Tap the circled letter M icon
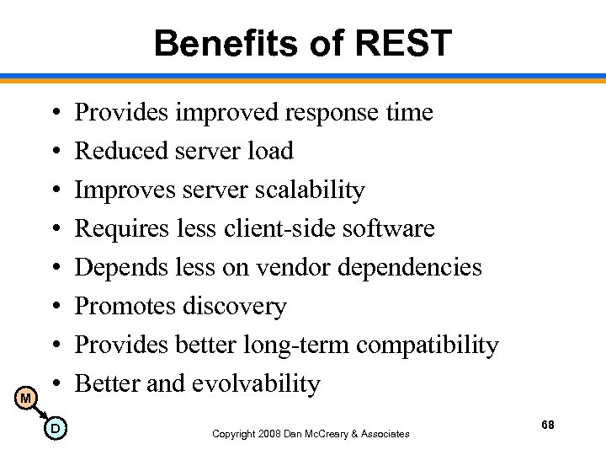[x=27, y=397]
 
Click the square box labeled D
[x=55, y=430]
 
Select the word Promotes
[x=123, y=307]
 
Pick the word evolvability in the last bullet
[x=256, y=384]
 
